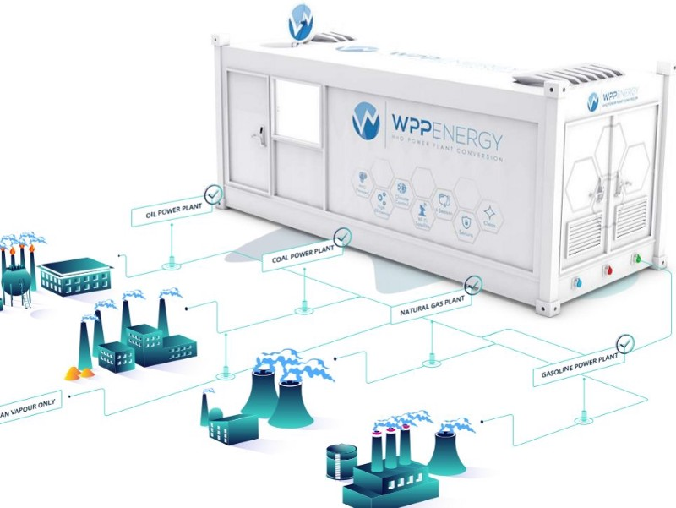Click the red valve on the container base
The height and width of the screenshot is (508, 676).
click(606, 271)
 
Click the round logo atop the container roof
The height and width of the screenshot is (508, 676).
click(302, 22)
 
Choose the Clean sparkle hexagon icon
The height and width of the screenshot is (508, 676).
click(490, 215)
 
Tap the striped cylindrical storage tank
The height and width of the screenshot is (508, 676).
click(342, 462)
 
